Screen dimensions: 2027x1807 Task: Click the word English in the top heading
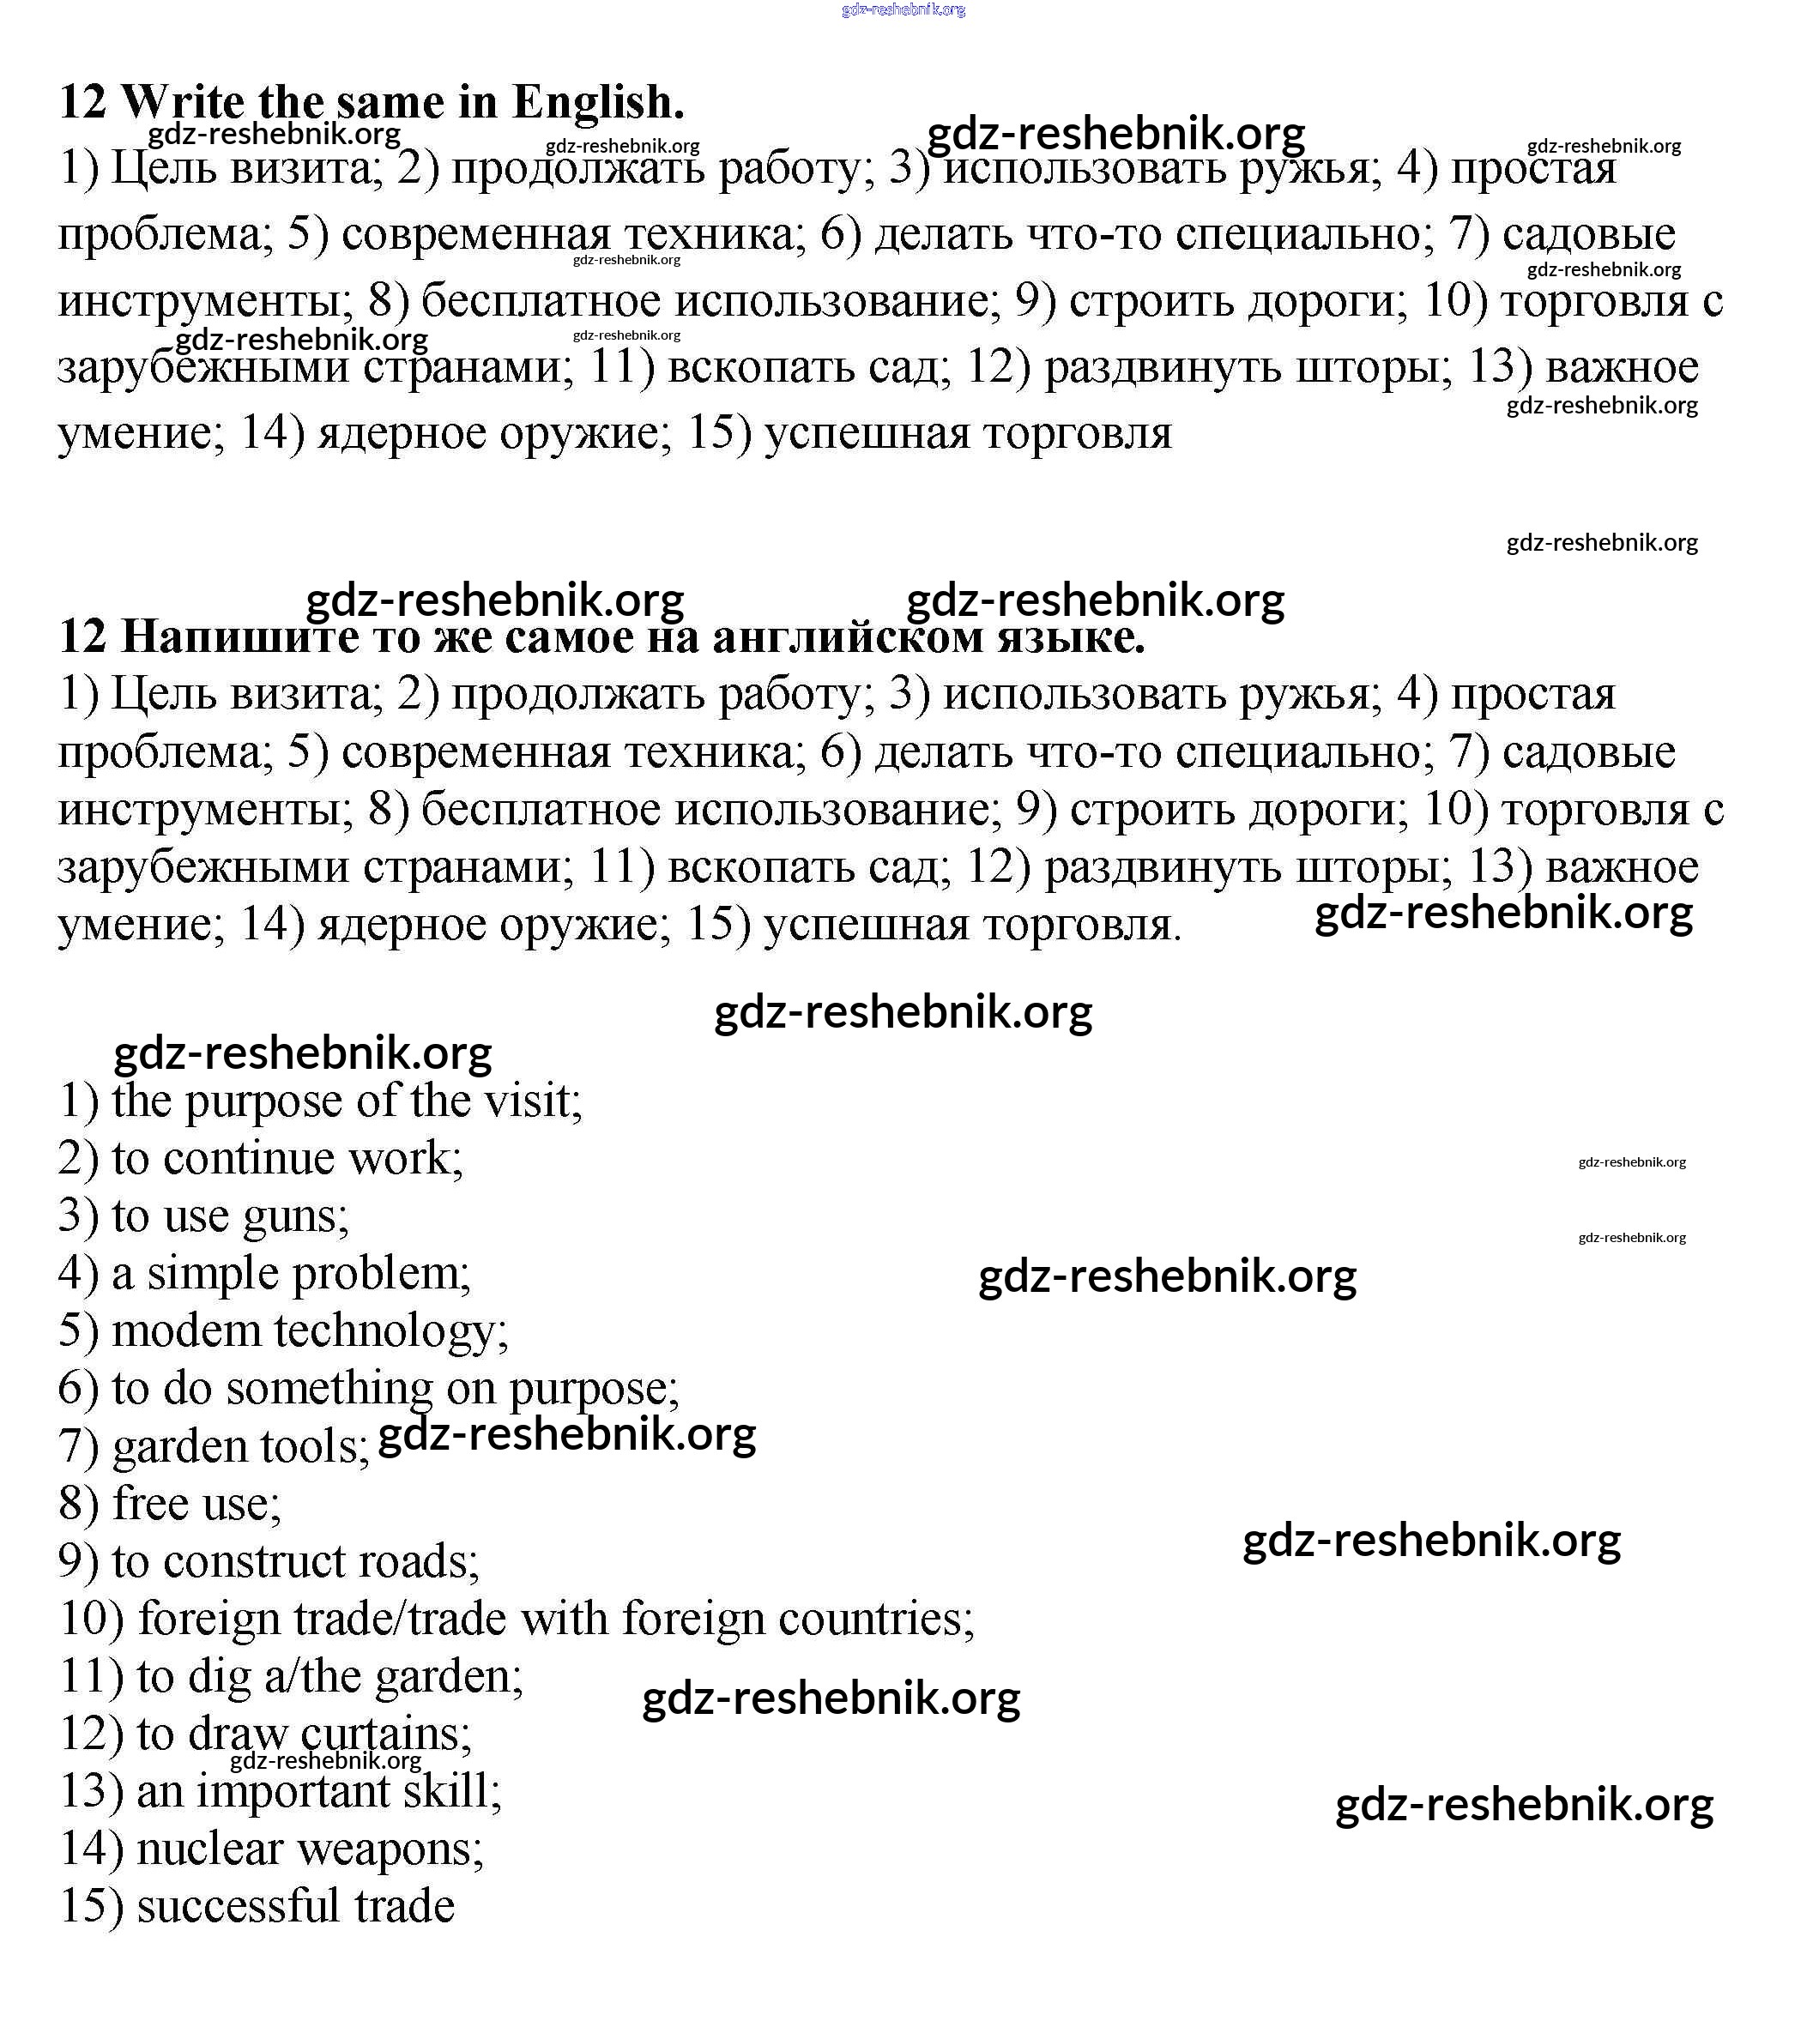click(598, 102)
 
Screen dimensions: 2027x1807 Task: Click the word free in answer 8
click(150, 1504)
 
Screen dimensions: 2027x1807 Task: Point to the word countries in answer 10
click(876, 1619)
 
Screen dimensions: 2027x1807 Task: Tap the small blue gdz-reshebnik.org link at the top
click(903, 10)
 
